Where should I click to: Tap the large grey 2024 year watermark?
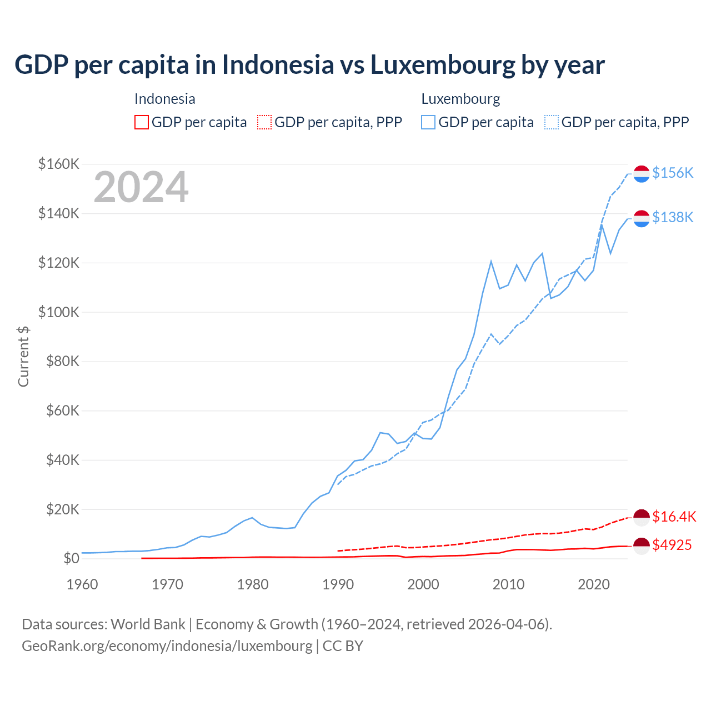click(x=141, y=187)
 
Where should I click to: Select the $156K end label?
click(x=673, y=173)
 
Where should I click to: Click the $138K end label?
click(x=673, y=217)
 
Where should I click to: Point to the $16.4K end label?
click(x=674, y=517)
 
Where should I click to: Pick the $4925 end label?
click(x=672, y=545)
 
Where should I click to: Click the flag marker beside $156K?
click(x=642, y=173)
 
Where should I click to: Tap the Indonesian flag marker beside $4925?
click(x=642, y=545)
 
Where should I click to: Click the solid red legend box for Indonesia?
click(x=142, y=122)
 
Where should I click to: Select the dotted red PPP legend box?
click(x=264, y=122)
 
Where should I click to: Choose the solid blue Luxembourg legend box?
click(x=428, y=122)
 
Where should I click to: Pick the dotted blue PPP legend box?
click(x=552, y=122)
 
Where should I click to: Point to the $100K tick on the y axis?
click(x=59, y=312)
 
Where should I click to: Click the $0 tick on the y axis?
click(x=71, y=558)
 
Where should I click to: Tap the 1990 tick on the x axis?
click(x=338, y=584)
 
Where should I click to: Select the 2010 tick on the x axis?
click(x=508, y=584)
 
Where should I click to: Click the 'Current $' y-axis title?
click(x=23, y=356)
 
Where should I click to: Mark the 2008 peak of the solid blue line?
click(x=491, y=261)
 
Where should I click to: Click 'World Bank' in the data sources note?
click(x=148, y=624)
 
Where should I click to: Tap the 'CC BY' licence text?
click(x=343, y=646)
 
